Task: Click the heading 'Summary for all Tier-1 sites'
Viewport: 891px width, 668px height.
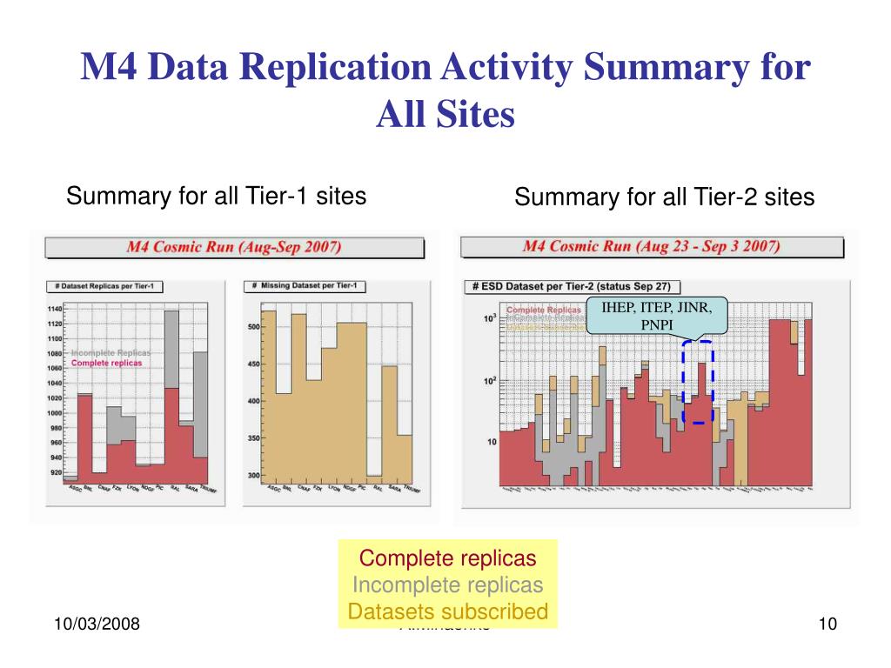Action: [216, 196]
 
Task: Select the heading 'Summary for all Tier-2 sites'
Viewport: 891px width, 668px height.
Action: [664, 197]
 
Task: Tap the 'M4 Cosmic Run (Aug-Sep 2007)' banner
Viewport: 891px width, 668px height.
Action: [234, 247]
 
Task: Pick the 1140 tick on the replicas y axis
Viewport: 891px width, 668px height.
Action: [55, 309]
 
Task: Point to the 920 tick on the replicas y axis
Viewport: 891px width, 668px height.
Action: [57, 472]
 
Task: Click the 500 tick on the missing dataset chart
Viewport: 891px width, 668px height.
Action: [253, 327]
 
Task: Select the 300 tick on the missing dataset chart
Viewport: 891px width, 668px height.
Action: [253, 476]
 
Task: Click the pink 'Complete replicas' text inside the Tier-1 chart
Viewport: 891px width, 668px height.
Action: [106, 363]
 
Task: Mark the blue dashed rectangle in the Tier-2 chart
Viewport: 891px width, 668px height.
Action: [698, 382]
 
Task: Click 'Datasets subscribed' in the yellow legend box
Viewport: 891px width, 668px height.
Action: [448, 611]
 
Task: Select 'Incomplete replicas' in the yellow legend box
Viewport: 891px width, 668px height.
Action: [448, 584]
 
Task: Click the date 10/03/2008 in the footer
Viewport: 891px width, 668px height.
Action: [97, 624]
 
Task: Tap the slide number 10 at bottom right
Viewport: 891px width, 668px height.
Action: [827, 624]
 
